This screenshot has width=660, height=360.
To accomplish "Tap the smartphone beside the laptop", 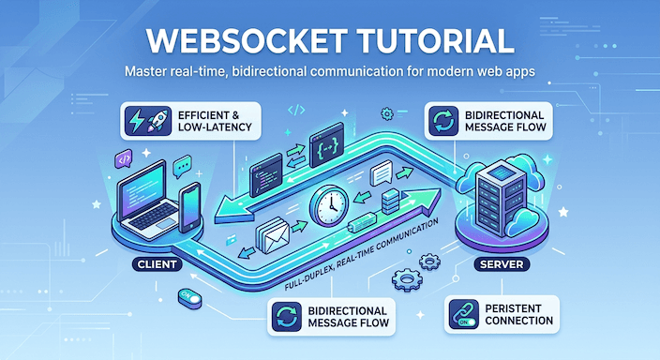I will [188, 207].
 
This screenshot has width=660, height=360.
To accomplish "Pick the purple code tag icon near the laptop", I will [123, 160].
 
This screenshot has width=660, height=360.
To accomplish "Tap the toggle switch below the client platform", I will [191, 296].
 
